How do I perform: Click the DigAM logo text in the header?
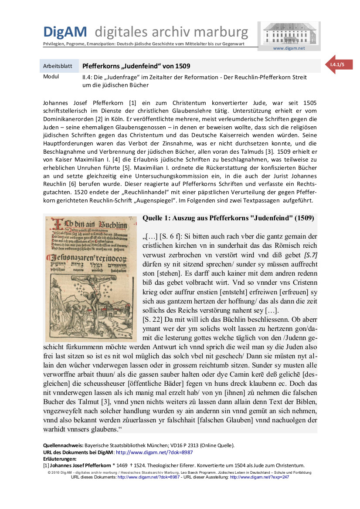[65, 32]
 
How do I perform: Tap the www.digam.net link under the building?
[289, 48]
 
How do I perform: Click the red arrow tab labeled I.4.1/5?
[338, 64]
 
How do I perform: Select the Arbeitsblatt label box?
[59, 66]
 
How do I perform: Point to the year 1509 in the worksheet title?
[183, 66]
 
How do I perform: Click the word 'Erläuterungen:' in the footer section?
[60, 459]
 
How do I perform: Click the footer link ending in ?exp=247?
[259, 477]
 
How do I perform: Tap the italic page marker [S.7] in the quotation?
[311, 255]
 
